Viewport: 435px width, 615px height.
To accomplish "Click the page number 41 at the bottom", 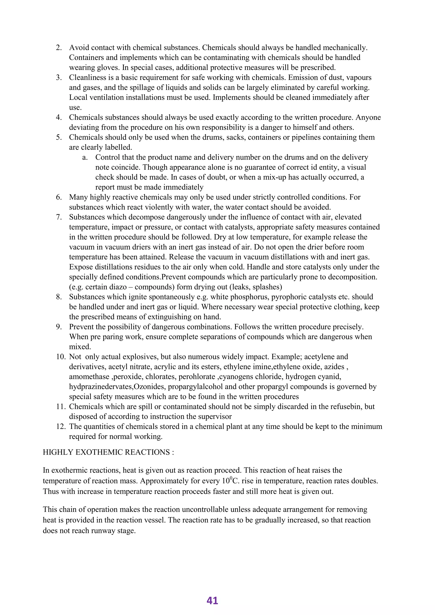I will tap(212, 600).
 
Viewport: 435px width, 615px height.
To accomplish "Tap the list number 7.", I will tap(59, 217).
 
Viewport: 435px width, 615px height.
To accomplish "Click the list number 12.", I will tap(61, 426).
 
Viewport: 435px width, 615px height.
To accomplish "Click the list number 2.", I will tap(59, 48).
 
